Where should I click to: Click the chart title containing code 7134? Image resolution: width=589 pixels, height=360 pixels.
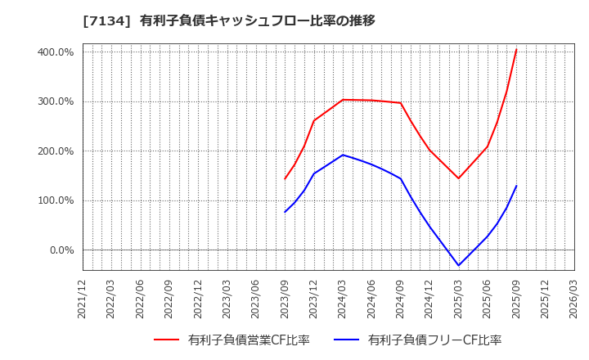[229, 20]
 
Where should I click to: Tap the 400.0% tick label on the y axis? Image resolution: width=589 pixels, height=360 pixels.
[56, 52]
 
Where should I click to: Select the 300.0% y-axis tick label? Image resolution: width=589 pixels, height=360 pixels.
[56, 101]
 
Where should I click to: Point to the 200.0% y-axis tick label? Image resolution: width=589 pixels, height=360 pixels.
[56, 151]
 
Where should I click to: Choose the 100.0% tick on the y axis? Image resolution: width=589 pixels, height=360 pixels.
[56, 200]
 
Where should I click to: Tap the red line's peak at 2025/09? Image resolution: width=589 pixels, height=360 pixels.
[516, 49]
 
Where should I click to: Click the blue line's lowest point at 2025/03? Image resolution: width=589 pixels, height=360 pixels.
[458, 265]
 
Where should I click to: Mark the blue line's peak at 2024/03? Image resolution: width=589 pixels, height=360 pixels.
[343, 155]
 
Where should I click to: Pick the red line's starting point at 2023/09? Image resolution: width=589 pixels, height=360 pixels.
[285, 178]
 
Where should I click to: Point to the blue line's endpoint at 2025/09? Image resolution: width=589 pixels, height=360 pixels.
[516, 186]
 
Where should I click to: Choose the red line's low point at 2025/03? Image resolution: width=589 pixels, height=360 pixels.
[458, 178]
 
